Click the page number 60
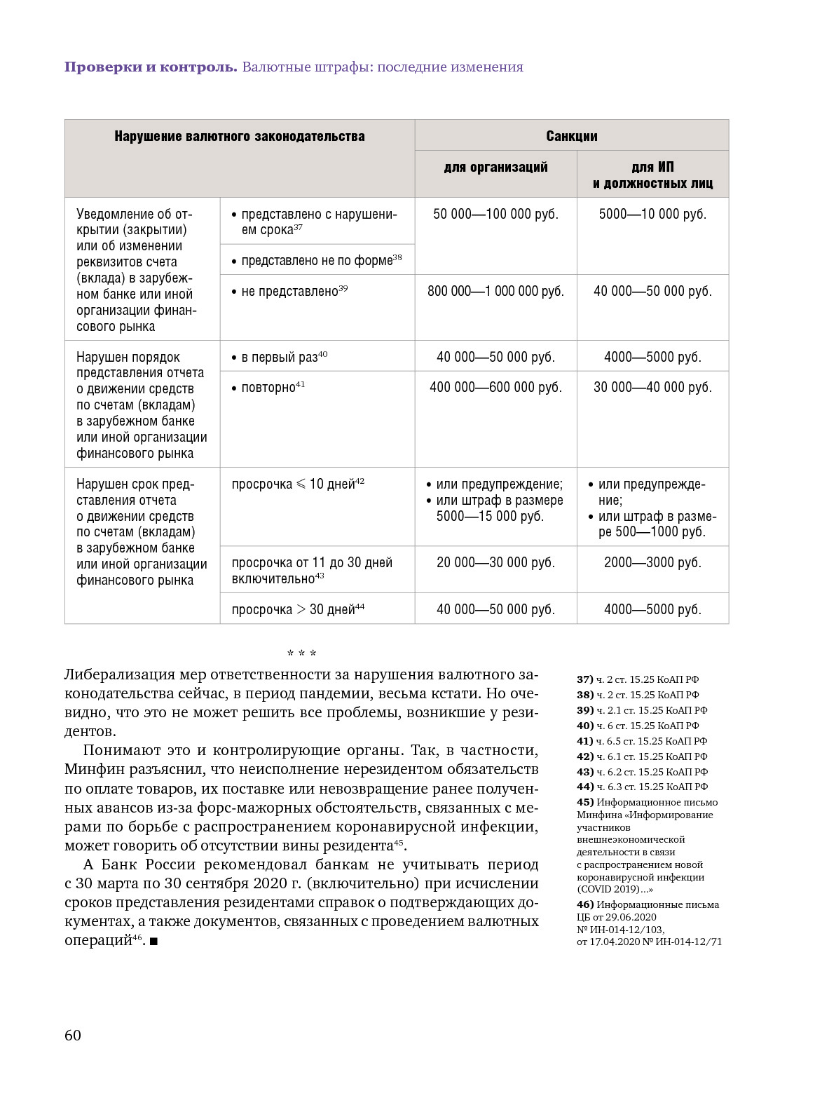[73, 1036]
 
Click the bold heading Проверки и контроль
[151, 67]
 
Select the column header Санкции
[571, 136]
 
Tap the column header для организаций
[495, 167]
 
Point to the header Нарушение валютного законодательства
[239, 136]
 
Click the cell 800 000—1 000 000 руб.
[495, 291]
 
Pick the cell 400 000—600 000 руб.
[495, 387]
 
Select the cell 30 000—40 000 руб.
[652, 387]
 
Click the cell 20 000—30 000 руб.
[495, 562]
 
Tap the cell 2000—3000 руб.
[652, 562]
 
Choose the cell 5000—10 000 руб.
[652, 214]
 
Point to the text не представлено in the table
[289, 292]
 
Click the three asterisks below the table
[302, 653]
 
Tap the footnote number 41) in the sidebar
[585, 741]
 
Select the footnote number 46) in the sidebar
[585, 904]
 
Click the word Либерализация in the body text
[119, 674]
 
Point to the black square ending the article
[153, 942]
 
